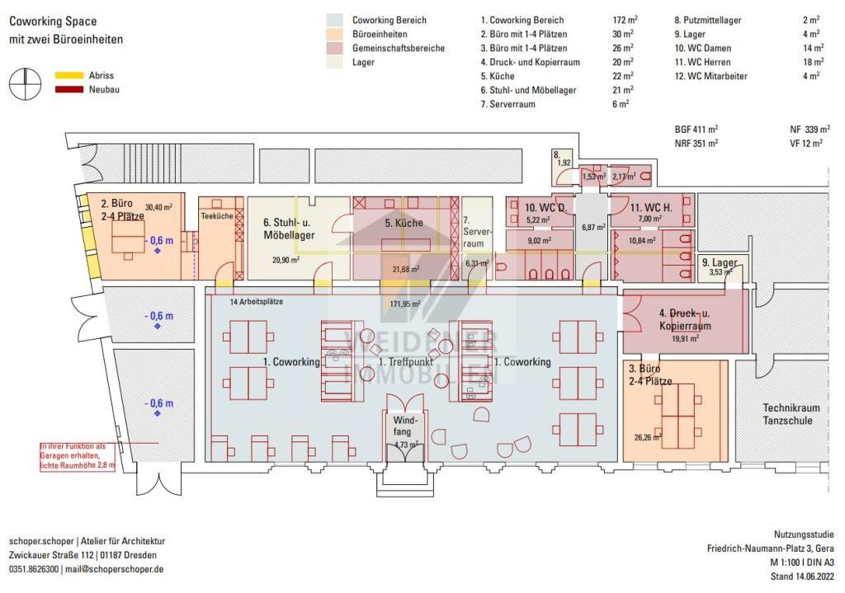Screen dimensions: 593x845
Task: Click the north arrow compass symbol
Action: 26,82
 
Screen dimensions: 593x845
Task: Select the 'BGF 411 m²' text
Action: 696,129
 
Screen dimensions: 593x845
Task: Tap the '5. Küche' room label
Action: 404,223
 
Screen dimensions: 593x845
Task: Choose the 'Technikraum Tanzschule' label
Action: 787,414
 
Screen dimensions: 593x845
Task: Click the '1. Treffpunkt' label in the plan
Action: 404,362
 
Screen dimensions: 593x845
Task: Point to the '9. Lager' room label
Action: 719,262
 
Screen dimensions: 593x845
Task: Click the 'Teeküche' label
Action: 216,216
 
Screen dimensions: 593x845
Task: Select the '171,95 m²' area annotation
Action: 404,304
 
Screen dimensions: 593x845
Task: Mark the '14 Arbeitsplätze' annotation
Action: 257,302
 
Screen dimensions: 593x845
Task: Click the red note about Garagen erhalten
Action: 76,456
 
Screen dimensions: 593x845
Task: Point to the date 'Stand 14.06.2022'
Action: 796,577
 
